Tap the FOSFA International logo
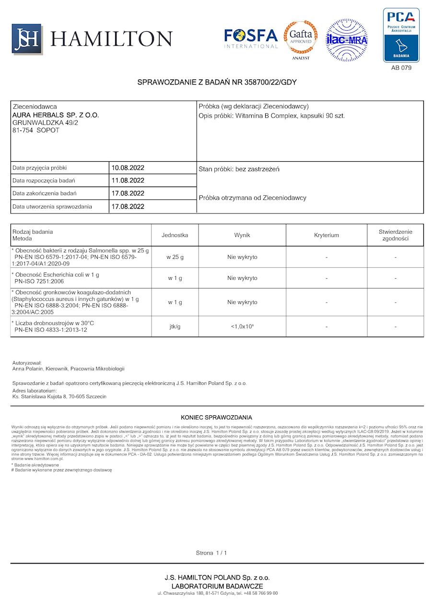(x=251, y=38)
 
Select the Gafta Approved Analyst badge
(x=301, y=39)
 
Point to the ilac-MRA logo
(x=347, y=40)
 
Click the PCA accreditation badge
(x=401, y=35)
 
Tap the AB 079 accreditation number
(x=401, y=68)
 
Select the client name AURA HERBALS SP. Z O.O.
(x=56, y=116)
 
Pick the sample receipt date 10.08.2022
(x=128, y=168)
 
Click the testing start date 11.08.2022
(x=128, y=181)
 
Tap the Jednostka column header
(x=175, y=235)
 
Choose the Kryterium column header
(x=327, y=235)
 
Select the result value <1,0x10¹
(x=242, y=327)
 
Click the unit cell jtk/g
(x=175, y=327)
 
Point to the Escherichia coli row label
(x=58, y=275)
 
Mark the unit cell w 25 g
(x=175, y=257)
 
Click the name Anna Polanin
(x=30, y=369)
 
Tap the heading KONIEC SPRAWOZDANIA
(x=216, y=417)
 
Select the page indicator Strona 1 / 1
(x=211, y=553)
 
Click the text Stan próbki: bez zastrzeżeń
(x=239, y=169)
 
